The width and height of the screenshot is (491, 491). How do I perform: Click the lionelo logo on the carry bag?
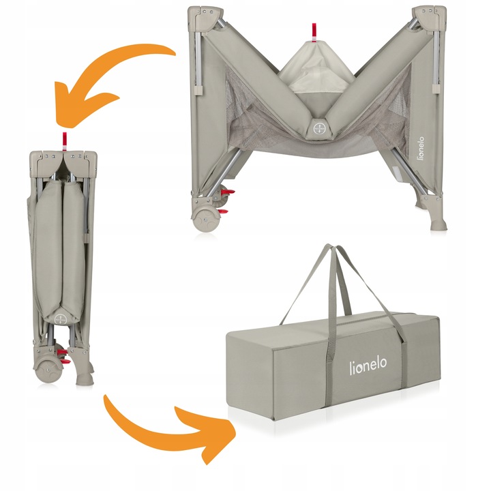[368, 365]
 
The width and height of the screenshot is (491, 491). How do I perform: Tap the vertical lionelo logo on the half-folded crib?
[421, 148]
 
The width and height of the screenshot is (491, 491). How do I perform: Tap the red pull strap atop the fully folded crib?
[65, 141]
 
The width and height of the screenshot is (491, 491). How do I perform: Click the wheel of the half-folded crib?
[205, 219]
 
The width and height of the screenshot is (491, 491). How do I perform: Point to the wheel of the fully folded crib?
[47, 370]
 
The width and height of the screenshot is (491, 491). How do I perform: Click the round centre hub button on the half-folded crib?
[318, 128]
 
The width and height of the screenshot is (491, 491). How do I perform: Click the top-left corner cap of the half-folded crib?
[205, 18]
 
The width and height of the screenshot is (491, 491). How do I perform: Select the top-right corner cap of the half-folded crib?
[429, 18]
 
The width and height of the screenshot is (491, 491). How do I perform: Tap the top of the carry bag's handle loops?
[332, 248]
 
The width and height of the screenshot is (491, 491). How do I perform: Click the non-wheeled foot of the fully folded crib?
[85, 376]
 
